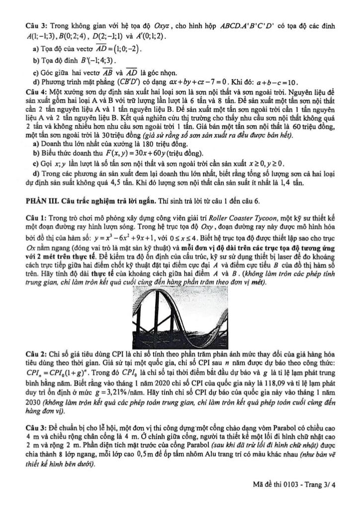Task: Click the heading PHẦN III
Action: tap(42, 201)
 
